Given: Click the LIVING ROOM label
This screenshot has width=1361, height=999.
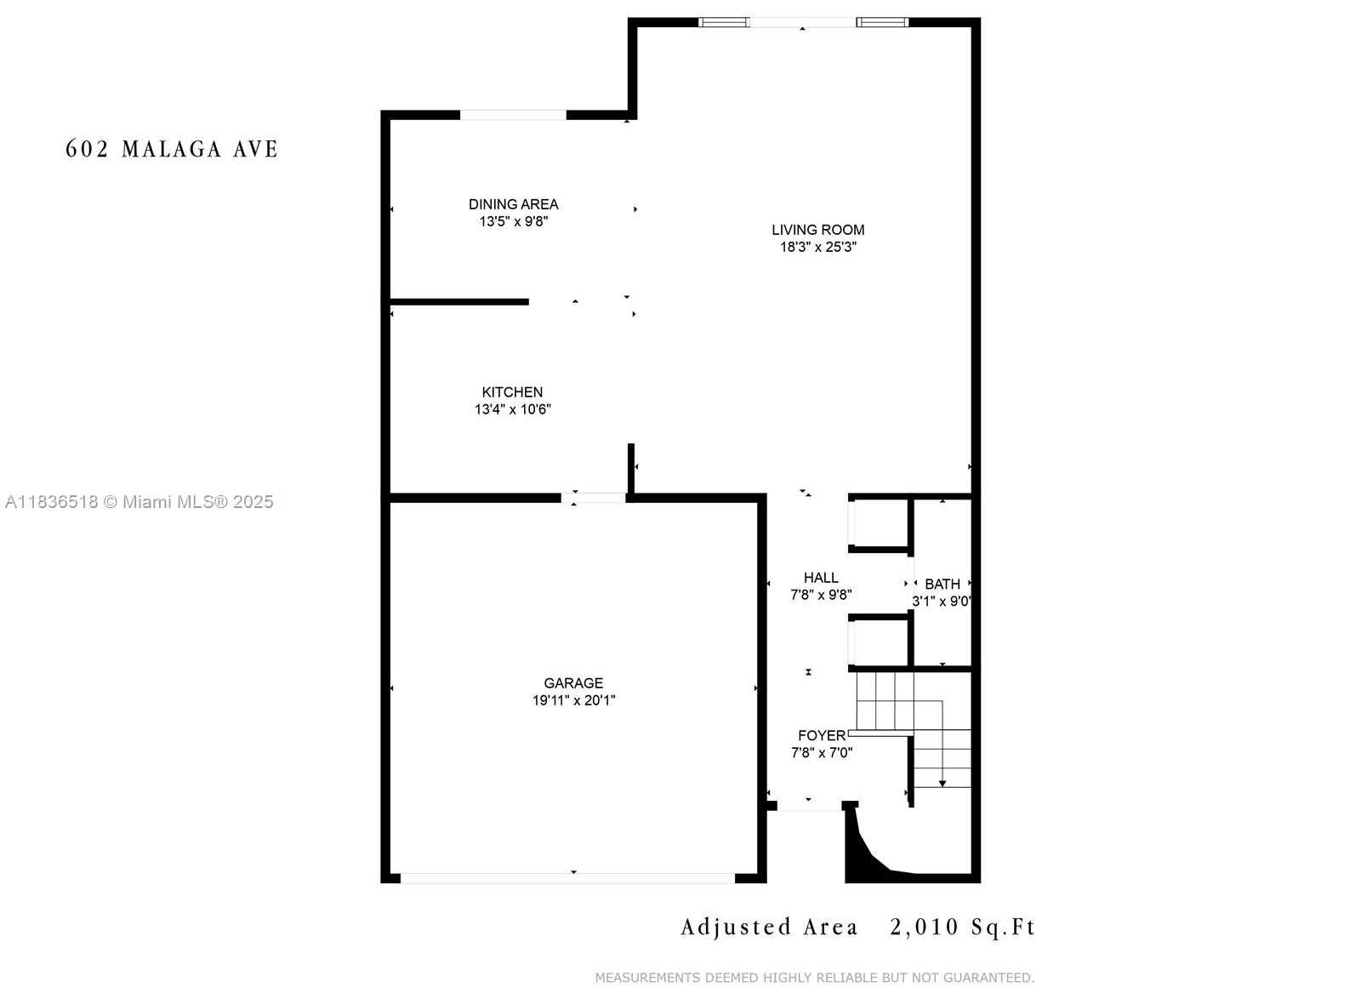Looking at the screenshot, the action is coord(817,230).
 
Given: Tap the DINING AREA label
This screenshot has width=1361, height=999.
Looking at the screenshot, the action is coord(514,204).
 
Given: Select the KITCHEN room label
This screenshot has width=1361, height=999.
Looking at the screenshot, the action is coord(512,392).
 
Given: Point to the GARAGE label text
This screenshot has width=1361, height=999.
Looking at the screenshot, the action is coord(573,683).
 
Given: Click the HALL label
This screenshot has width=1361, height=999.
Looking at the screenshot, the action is coord(821,578).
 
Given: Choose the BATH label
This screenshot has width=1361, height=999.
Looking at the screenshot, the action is coord(942,584).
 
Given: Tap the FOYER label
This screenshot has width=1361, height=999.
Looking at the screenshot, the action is coord(822,736).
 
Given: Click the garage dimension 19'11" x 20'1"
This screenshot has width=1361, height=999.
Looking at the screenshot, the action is coord(573,700).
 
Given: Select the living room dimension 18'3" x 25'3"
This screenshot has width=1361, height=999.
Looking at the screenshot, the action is coord(818,247).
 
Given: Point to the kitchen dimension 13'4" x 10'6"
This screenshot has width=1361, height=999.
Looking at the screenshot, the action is coord(513,409).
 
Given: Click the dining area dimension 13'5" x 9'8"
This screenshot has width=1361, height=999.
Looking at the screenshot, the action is coord(514,221).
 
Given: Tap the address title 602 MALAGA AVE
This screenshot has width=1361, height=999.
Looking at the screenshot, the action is coord(171,149).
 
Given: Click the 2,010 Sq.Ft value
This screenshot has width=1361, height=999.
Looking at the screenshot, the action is coord(962,928).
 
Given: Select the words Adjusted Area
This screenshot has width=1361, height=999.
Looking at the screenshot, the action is coord(769,928).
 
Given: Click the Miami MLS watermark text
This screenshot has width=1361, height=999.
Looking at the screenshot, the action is coord(140,501).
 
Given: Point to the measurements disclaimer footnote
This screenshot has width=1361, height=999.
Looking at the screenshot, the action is coord(815,978).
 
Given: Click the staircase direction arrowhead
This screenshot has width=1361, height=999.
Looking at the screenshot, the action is coord(942,784).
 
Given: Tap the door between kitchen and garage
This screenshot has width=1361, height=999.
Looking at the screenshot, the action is coord(593,498).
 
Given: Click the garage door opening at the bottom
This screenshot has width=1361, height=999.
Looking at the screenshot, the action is coord(567,878).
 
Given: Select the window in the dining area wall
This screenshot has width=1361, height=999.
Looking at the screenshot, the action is coord(513,115).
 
